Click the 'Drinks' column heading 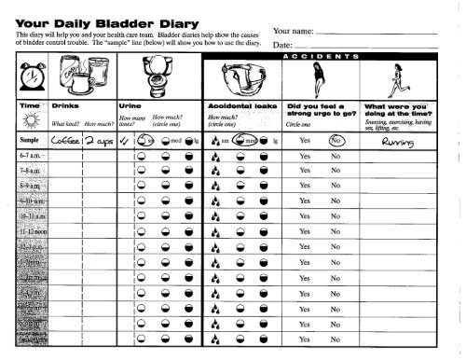[x=64, y=107]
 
